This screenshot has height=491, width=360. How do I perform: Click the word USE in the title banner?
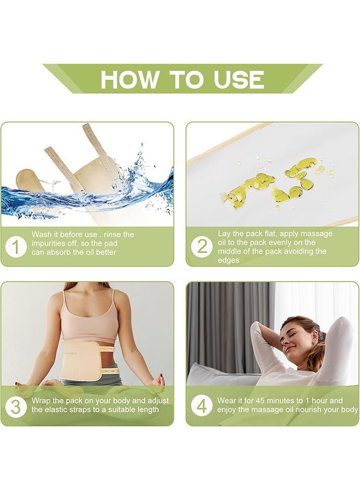tap(239, 80)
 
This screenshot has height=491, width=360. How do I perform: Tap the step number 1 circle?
tap(16, 247)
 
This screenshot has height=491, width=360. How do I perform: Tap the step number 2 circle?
tap(202, 247)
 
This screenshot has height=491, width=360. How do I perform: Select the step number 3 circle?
tap(16, 406)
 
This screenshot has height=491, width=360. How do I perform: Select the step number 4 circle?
tap(202, 406)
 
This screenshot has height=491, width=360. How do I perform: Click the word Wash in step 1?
tap(42, 234)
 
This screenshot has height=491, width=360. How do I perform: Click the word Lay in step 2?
tap(224, 233)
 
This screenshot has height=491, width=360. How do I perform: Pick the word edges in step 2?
tap(229, 260)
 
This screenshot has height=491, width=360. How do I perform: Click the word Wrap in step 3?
tap(42, 401)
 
